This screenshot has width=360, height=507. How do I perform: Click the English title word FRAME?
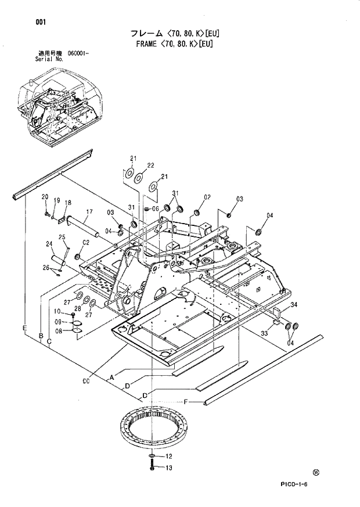pyautogui.click(x=148, y=44)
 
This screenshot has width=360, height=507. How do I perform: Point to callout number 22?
pyautogui.click(x=150, y=166)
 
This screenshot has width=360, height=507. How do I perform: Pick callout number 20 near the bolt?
pyautogui.click(x=44, y=198)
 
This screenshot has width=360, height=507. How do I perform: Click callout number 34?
pyautogui.click(x=294, y=305)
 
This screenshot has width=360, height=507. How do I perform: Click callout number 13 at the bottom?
pyautogui.click(x=169, y=468)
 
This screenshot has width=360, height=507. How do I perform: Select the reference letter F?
pyautogui.click(x=186, y=402)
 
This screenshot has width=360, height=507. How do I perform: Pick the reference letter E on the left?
pyautogui.click(x=24, y=329)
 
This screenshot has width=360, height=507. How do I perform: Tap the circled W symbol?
pyautogui.click(x=316, y=473)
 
